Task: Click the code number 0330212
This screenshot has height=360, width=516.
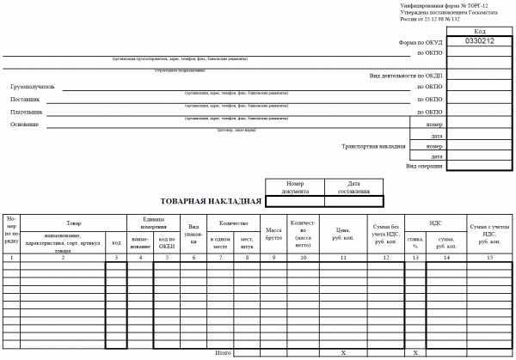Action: pos(479,41)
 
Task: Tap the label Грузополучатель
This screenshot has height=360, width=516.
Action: pos(33,87)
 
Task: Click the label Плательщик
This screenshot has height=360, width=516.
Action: pos(27,112)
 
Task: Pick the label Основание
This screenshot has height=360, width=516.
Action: pos(24,124)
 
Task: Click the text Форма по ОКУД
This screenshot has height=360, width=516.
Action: pos(420,41)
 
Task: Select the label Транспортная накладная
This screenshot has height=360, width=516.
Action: pos(374,147)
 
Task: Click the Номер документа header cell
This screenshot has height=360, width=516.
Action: pos(296,187)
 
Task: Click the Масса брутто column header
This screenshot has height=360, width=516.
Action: pos(274,234)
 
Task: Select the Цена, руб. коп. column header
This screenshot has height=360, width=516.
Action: pos(343,234)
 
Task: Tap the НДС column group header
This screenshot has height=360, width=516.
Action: pos(434,223)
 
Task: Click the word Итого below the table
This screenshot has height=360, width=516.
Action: pos(224,352)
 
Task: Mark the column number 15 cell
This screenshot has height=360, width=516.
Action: pos(489,258)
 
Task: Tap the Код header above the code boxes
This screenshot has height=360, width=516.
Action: pos(479,32)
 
